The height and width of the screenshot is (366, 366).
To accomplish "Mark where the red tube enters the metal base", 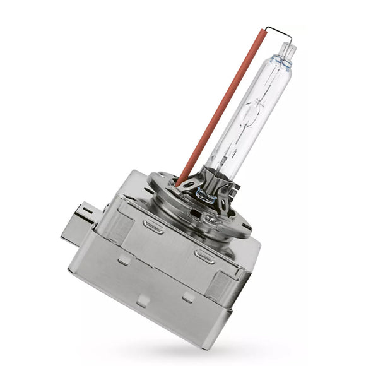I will [x=180, y=183].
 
